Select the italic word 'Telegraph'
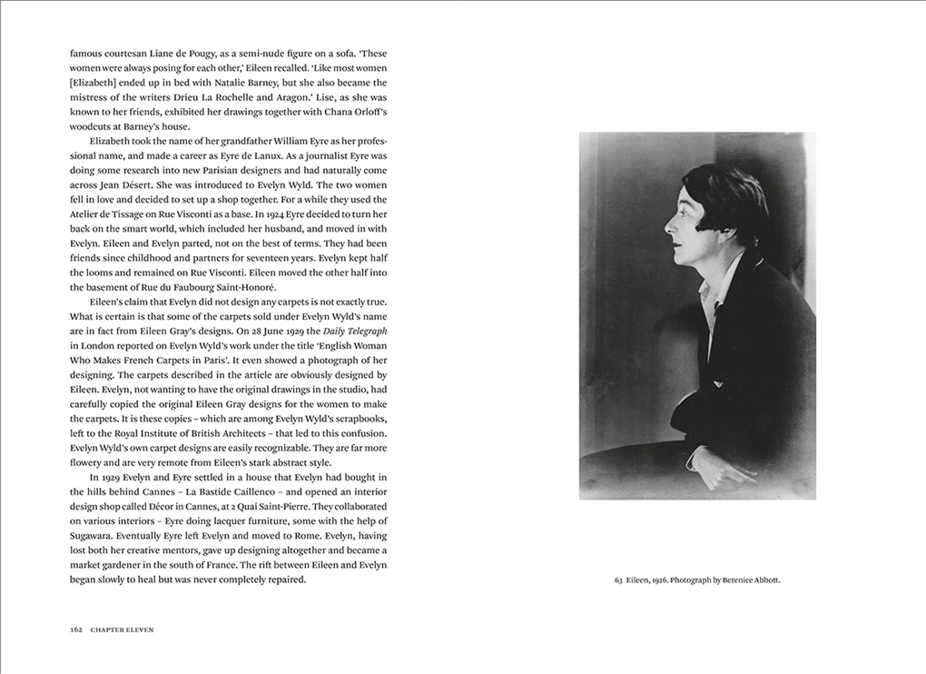point(362,330)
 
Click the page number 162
point(76,629)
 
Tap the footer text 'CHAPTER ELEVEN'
point(123,629)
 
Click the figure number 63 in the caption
point(618,580)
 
